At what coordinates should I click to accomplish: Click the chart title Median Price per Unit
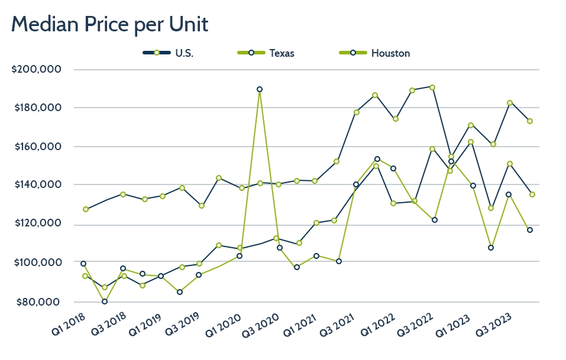click(109, 25)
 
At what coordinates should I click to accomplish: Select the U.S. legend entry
click(184, 53)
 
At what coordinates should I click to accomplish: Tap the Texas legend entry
click(282, 53)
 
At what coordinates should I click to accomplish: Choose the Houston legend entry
click(390, 53)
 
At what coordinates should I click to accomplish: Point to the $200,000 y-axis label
click(37, 70)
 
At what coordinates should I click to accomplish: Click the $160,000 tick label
click(37, 147)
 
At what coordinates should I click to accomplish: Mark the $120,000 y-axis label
click(37, 223)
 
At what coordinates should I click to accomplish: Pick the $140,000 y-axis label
click(37, 185)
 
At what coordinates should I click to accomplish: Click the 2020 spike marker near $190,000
click(260, 89)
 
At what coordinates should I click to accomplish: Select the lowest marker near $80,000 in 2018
click(105, 301)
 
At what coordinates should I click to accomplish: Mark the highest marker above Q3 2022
click(432, 87)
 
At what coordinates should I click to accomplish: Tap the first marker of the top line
click(86, 209)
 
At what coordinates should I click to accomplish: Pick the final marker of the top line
click(530, 121)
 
